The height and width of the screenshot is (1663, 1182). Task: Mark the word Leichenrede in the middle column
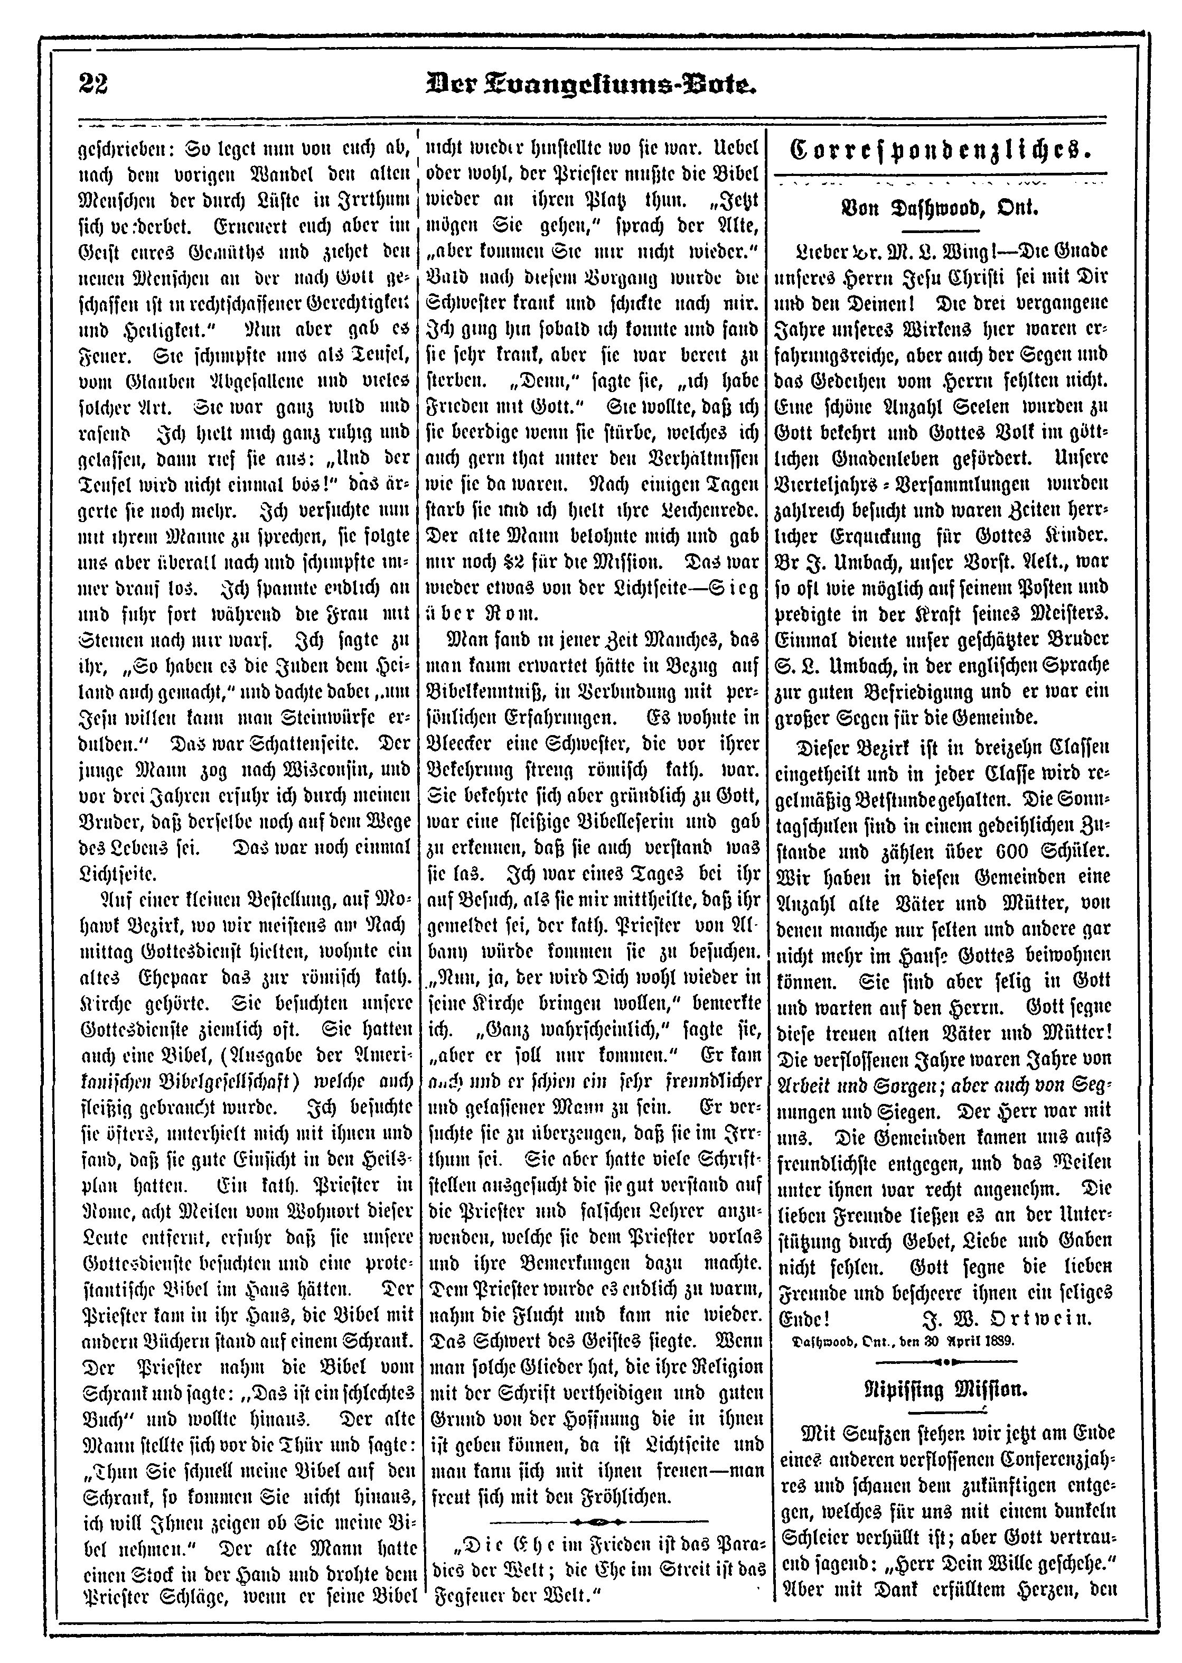coord(710,513)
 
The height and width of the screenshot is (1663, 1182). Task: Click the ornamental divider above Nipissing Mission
coord(943,1361)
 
